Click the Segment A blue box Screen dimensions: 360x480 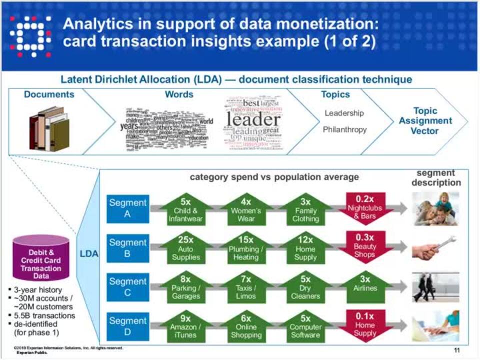(127, 208)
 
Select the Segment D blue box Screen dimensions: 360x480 (127, 326)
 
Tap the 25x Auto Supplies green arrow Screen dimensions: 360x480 (185, 248)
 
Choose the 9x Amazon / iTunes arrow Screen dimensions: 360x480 (185, 326)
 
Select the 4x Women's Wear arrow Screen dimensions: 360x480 (246, 208)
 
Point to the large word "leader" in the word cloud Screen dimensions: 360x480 (253, 120)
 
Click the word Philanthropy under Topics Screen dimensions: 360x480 (344, 129)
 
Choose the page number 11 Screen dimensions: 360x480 (456, 350)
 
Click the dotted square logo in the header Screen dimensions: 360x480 (30, 36)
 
